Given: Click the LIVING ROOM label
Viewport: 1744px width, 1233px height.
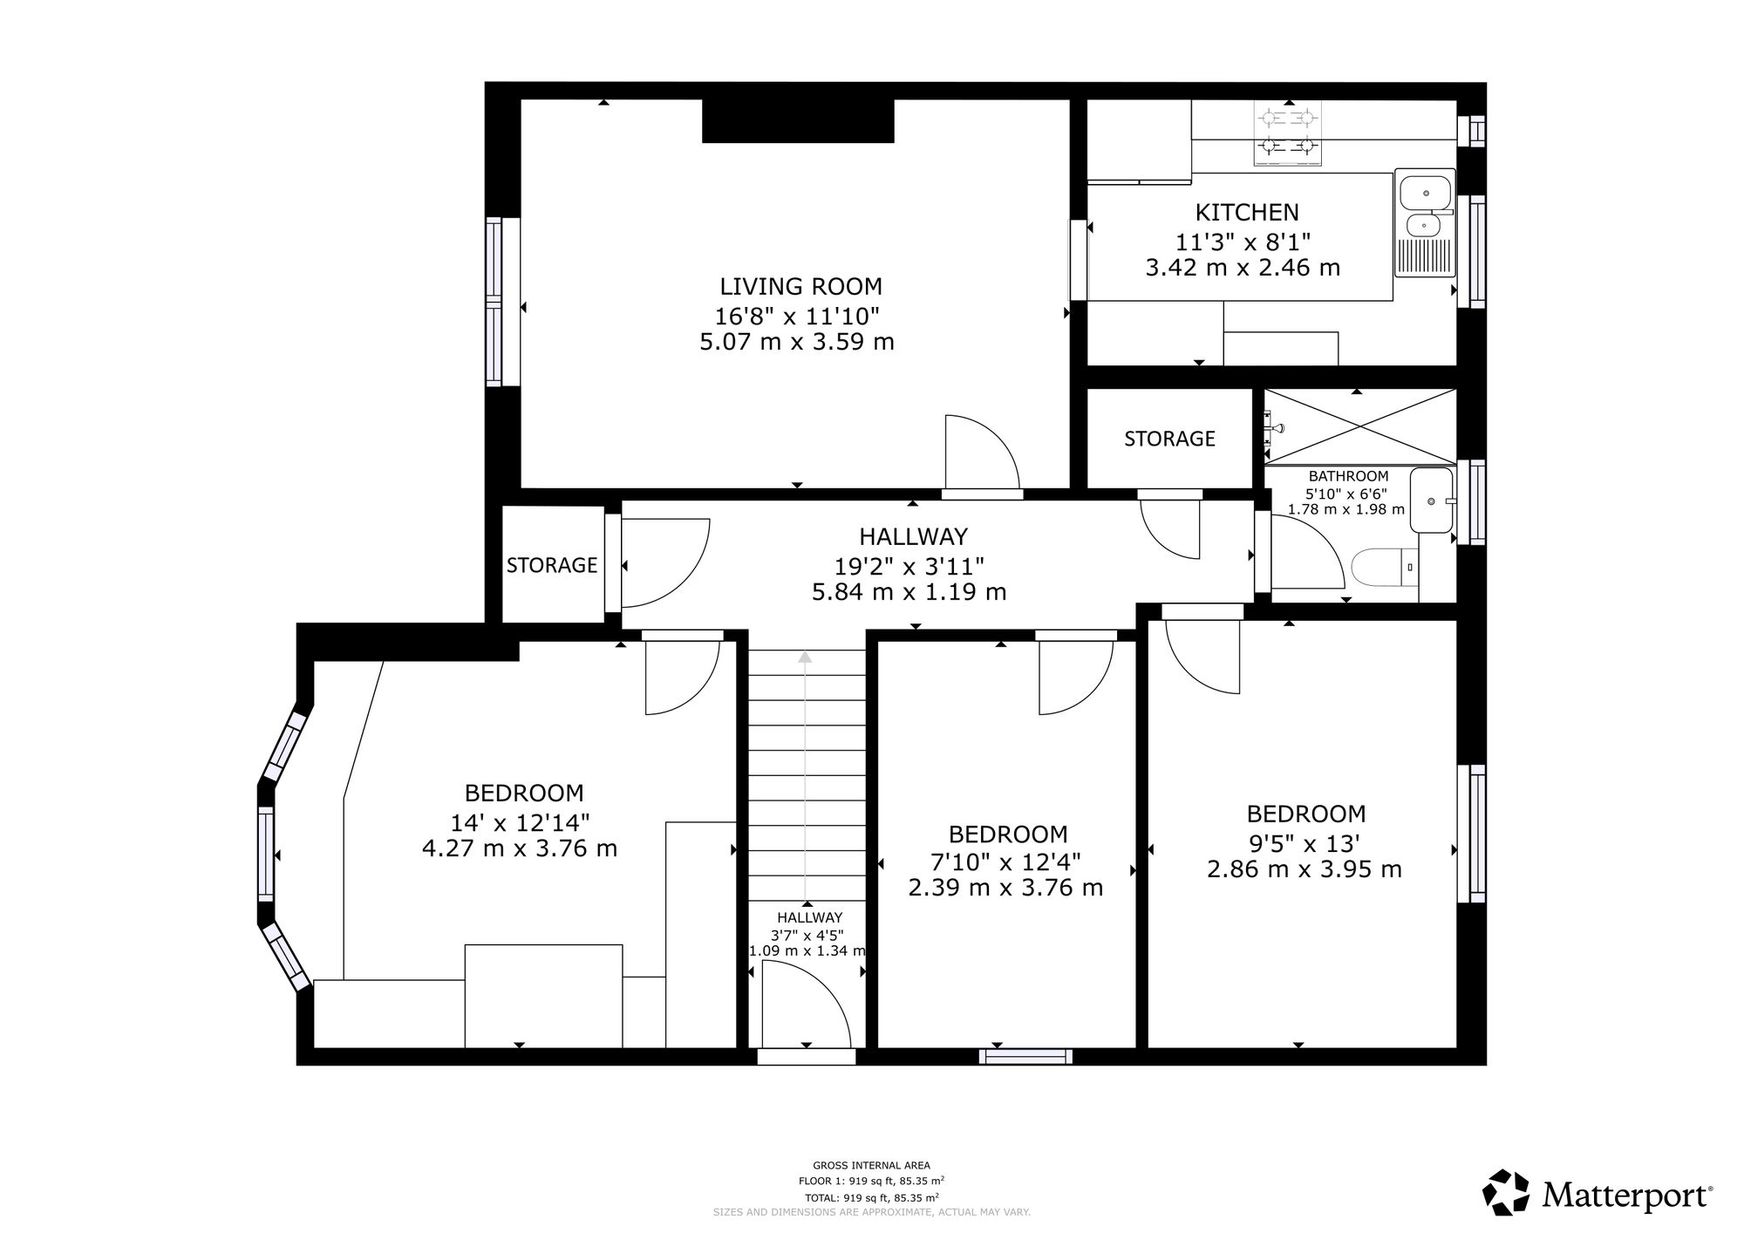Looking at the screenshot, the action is (800, 286).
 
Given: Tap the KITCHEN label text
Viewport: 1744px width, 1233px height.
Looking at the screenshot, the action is (1246, 212).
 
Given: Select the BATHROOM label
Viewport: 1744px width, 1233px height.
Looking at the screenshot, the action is (1348, 476).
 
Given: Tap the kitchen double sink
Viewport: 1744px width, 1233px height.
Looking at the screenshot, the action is (1425, 222).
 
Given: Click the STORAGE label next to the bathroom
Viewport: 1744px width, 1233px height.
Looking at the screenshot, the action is (1169, 439).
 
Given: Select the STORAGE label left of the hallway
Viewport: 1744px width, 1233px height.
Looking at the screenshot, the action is (552, 565).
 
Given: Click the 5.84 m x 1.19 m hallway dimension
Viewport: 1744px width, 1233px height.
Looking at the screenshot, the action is (909, 593).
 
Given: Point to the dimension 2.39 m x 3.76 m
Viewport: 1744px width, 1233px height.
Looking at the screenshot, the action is (1005, 888).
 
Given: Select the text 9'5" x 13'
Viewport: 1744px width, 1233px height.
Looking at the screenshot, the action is (1305, 843).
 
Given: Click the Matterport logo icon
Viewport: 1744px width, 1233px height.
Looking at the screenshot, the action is (1507, 1192).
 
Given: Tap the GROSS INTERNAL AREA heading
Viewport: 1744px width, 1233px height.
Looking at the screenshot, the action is (871, 1165).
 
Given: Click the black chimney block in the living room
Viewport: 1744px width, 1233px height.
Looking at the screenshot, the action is (798, 120).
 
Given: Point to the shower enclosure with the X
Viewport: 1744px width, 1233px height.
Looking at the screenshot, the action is (1359, 426).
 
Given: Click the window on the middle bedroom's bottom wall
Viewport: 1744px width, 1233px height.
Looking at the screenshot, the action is (1025, 1056).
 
